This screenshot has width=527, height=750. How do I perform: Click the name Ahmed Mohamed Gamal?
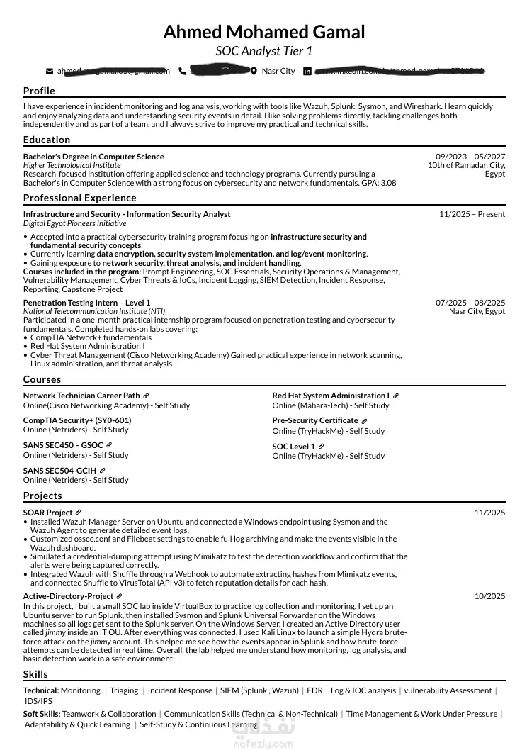(x=263, y=32)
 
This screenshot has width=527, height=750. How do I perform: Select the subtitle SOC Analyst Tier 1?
(x=263, y=51)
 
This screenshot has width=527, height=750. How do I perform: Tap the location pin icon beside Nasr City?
(x=254, y=71)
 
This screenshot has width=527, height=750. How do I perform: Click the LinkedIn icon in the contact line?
(x=307, y=71)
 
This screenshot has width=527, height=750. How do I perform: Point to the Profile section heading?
(x=39, y=91)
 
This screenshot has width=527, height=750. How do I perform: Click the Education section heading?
(x=47, y=140)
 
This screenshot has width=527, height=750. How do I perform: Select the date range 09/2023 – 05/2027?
(x=470, y=157)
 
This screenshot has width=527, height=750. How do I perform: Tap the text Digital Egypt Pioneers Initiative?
(x=74, y=223)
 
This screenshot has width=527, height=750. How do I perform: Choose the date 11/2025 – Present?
(x=472, y=214)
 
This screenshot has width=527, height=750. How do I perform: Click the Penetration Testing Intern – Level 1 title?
(x=86, y=303)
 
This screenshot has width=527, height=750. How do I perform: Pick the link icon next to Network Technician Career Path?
(x=146, y=396)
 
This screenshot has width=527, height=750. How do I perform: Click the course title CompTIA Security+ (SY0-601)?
(x=77, y=420)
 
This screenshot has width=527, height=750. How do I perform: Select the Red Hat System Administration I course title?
(x=331, y=396)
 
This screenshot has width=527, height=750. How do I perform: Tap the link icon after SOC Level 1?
(x=321, y=447)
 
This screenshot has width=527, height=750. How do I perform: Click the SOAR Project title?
(x=47, y=513)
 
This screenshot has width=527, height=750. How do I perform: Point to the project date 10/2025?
(x=489, y=596)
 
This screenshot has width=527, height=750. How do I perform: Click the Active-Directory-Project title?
(x=68, y=596)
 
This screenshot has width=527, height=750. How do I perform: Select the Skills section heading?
(x=35, y=674)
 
